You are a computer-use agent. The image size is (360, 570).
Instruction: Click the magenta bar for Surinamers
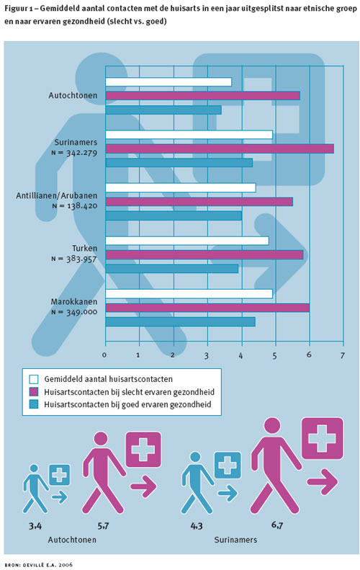tap(220, 148)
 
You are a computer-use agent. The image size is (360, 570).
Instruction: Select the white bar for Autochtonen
tap(168, 82)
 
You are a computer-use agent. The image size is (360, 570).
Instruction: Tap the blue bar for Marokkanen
tap(181, 321)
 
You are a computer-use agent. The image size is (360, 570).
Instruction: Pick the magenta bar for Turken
tap(204, 255)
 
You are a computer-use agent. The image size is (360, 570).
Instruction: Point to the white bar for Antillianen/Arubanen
tap(181, 187)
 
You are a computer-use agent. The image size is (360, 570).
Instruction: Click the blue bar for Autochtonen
tap(164, 110)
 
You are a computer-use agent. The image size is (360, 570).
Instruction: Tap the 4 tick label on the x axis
tap(240, 355)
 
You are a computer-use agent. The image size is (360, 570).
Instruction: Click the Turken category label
tap(85, 249)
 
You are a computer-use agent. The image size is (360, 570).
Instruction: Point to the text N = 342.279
tap(74, 153)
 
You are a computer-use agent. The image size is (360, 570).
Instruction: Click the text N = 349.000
tap(74, 312)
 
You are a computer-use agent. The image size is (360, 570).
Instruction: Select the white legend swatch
tap(34, 379)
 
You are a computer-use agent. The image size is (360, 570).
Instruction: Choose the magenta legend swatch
tap(34, 392)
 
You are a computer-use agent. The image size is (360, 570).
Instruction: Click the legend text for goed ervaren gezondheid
tap(127, 404)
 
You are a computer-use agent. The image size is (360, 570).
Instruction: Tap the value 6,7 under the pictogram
tap(276, 525)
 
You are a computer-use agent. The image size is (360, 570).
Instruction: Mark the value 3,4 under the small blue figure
tap(35, 525)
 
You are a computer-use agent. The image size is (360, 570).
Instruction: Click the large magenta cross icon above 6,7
tap(323, 438)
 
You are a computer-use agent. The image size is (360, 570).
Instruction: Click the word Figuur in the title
tap(16, 9)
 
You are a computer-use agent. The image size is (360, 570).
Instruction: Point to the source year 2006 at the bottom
tap(66, 564)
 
